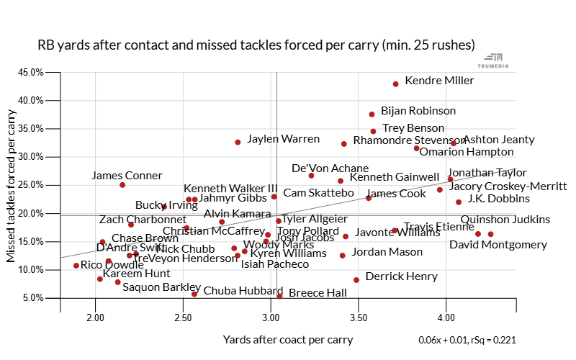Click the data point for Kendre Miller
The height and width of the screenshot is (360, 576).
395,84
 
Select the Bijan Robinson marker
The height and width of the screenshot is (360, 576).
372,114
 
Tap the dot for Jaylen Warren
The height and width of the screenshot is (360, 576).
238,143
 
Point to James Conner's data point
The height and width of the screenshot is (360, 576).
122,185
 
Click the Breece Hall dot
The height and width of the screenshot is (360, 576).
279,296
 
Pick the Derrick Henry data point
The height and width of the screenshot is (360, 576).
356,280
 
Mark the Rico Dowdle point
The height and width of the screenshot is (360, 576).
76,266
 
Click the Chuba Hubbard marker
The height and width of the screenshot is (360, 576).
194,294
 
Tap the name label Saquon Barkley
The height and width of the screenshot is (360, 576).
161,287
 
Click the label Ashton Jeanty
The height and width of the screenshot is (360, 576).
498,140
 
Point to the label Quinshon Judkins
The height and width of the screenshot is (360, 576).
505,220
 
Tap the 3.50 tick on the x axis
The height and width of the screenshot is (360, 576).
358,318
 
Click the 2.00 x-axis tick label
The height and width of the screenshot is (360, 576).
94,318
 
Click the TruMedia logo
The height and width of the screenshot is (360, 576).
494,61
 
